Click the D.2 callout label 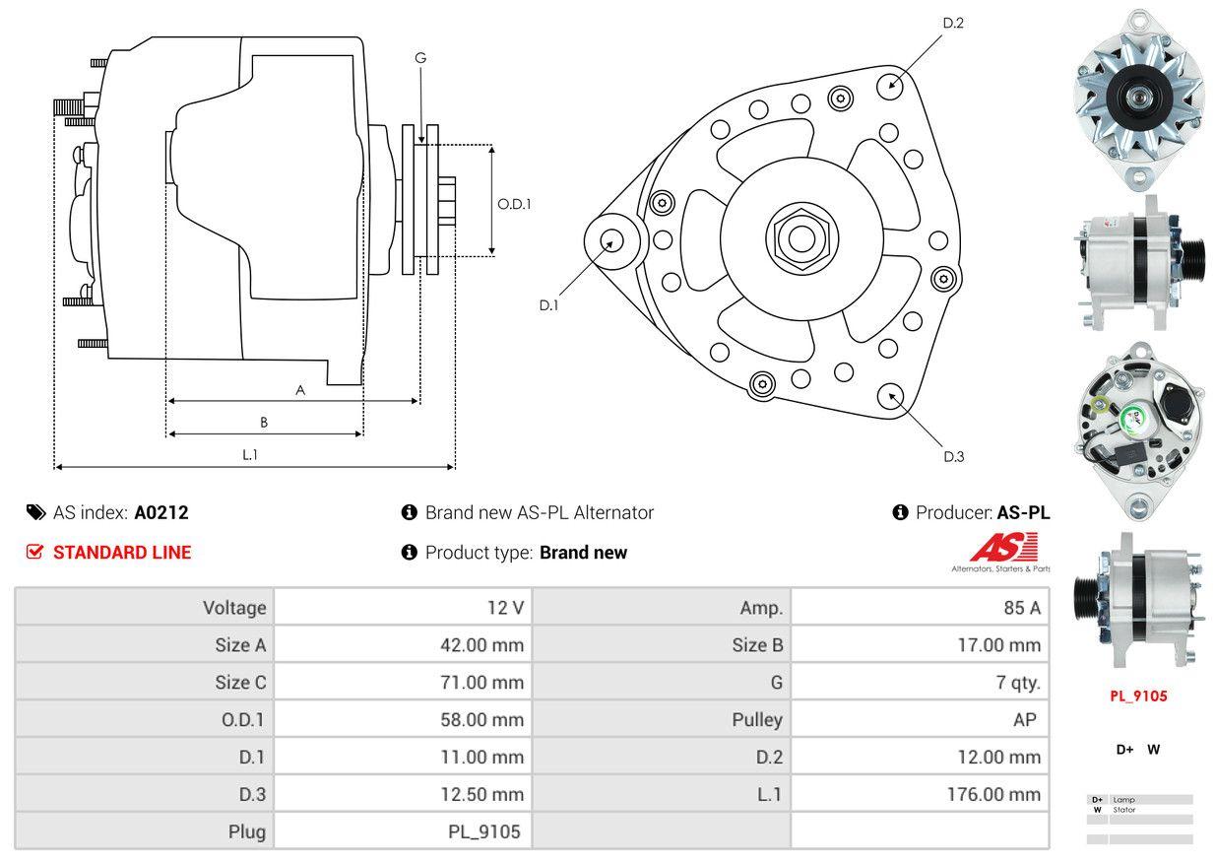pos(952,24)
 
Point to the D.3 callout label pos(953,456)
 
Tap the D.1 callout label pos(548,305)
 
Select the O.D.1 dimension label pos(513,204)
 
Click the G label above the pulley pos(420,58)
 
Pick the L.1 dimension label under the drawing pos(250,454)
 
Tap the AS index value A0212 pos(161,512)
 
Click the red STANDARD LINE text pos(122,553)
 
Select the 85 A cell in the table pos(1021,608)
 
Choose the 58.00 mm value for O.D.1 pos(481,720)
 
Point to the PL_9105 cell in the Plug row pos(483,831)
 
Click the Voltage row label pos(234,608)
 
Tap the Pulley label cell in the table pos(757,720)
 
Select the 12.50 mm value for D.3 pos(481,794)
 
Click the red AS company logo pos(1003,548)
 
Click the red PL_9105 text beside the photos pos(1138,697)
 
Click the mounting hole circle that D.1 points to pos(612,240)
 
